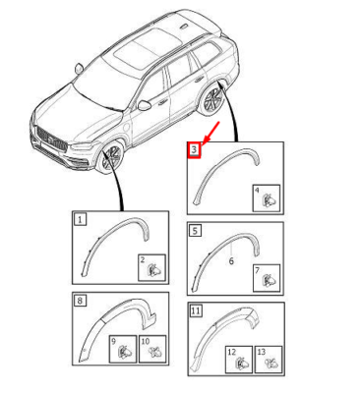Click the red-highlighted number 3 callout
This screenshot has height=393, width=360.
coord(194,150)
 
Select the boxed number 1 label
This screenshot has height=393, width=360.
coord(81,219)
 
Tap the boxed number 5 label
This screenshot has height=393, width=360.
coord(195,231)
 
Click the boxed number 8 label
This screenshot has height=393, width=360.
coord(81,300)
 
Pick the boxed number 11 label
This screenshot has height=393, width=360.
coord(196,310)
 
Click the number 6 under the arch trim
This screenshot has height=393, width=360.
coord(231,261)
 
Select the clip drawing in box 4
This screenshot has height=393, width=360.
coord(270,199)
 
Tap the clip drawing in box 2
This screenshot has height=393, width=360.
coord(155,270)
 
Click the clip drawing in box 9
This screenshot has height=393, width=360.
coord(125,352)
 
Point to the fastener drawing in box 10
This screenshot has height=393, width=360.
coord(153,353)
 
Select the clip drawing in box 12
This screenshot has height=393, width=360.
coord(242,363)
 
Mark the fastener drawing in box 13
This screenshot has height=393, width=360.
coord(270,363)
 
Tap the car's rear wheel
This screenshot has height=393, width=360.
coord(211,99)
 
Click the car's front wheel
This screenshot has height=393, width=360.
coord(111,156)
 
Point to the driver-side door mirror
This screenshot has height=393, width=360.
coord(145,105)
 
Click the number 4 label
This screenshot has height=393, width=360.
coord(257,190)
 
